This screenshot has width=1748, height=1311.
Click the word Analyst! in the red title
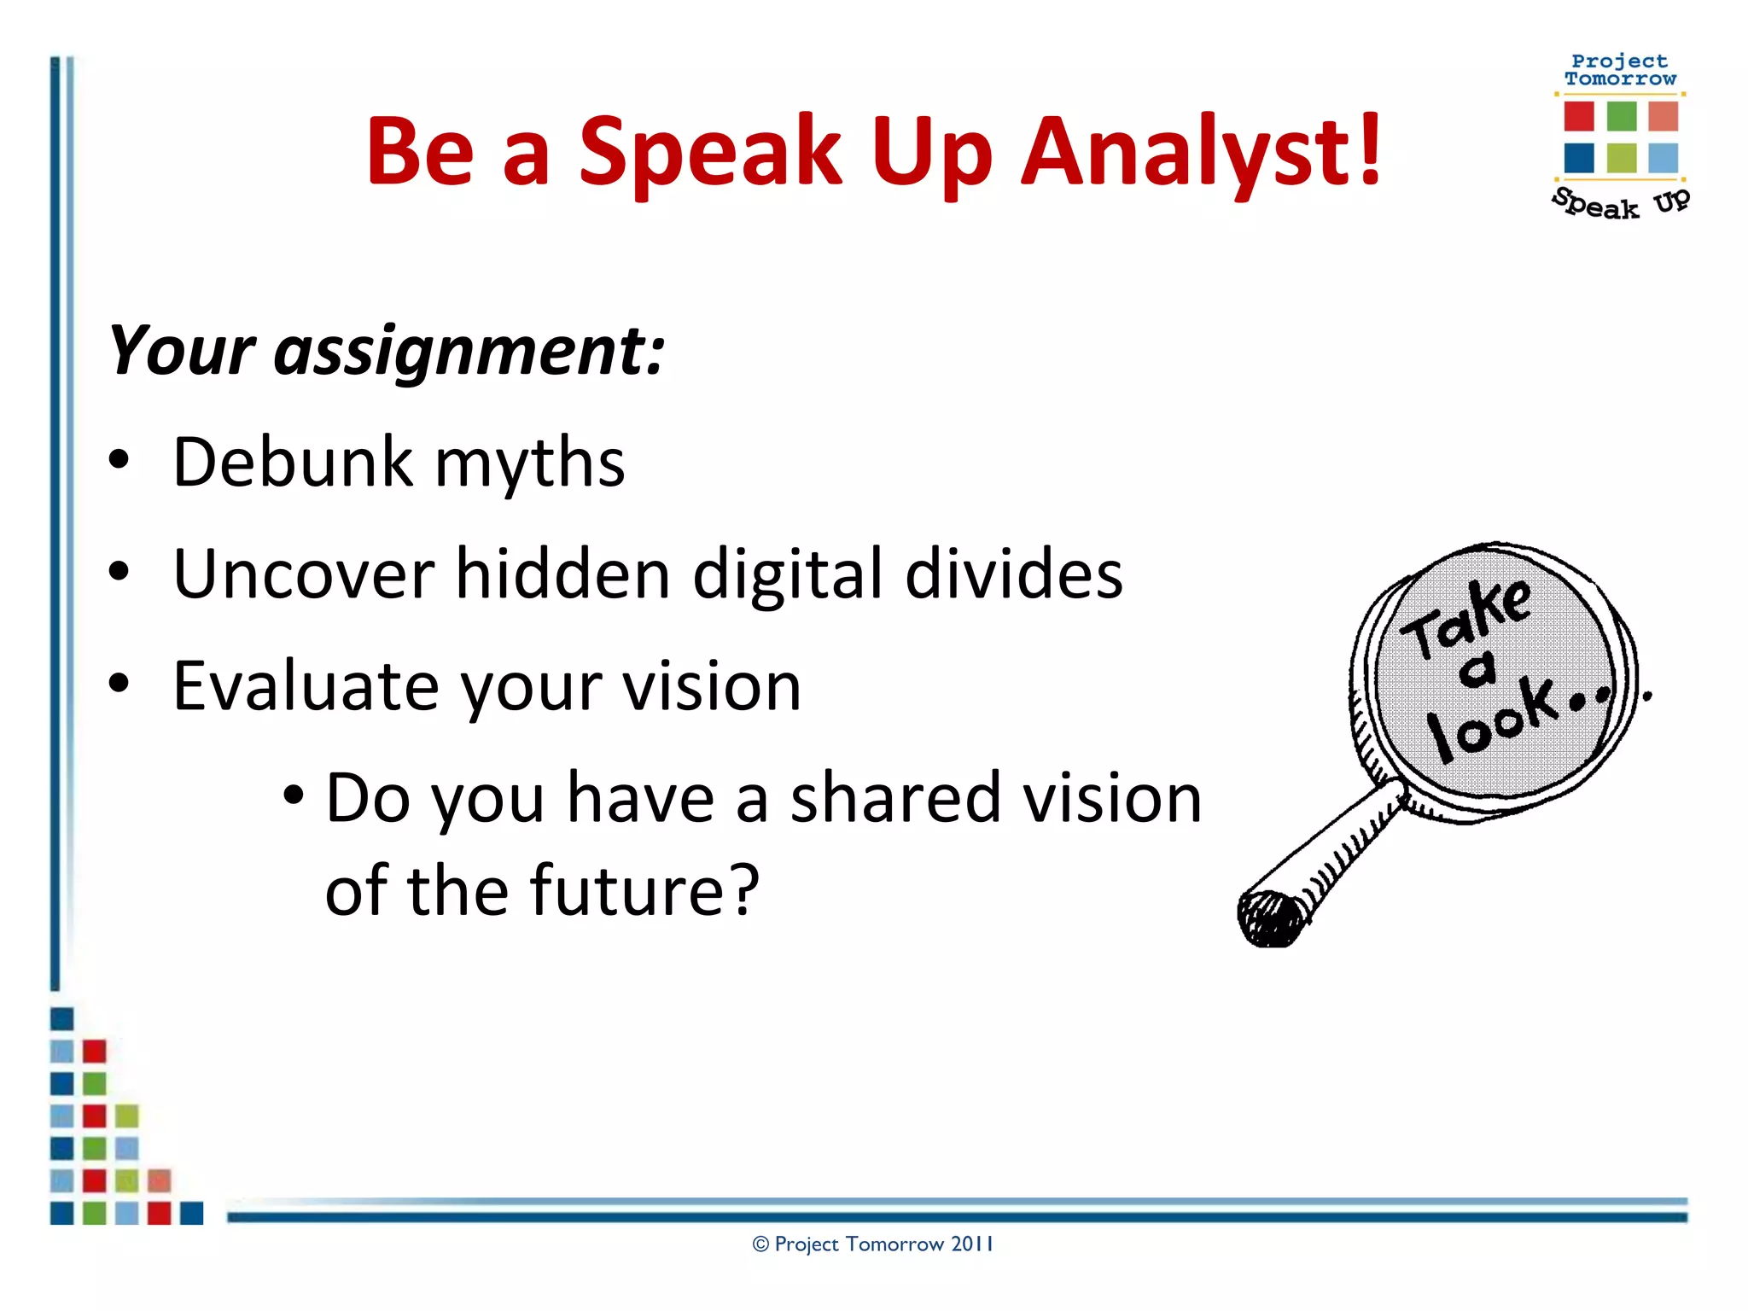pyautogui.click(x=1201, y=152)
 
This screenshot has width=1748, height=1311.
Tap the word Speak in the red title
pyautogui.click(x=711, y=152)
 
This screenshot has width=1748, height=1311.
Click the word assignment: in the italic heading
pyautogui.click(x=469, y=352)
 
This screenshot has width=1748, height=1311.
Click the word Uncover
pyautogui.click(x=303, y=574)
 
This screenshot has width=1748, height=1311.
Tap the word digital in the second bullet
pyautogui.click(x=788, y=574)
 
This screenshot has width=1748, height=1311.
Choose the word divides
pyautogui.click(x=1013, y=574)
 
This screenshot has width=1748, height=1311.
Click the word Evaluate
pyautogui.click(x=304, y=686)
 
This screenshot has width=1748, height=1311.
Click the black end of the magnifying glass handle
pyautogui.click(x=1269, y=918)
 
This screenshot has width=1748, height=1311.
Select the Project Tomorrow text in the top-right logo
pyautogui.click(x=1619, y=70)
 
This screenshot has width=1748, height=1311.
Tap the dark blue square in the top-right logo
pyautogui.click(x=1579, y=158)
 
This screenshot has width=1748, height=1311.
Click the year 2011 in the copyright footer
pyautogui.click(x=972, y=1244)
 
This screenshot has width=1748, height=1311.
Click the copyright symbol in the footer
pyautogui.click(x=760, y=1245)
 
